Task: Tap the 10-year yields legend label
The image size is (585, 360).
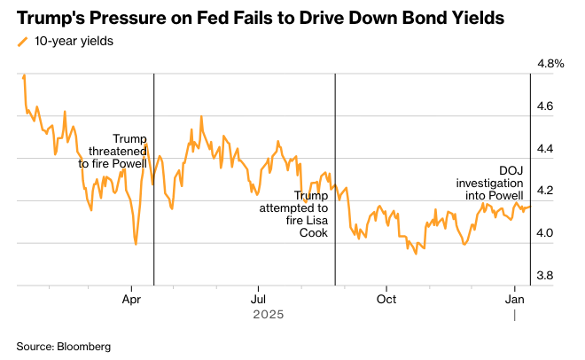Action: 74,40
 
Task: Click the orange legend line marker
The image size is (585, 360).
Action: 22,41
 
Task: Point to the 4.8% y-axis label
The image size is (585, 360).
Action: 551,64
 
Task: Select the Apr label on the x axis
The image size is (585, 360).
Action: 131,300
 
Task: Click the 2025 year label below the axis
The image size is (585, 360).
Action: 267,315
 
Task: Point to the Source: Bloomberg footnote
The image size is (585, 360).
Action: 64,345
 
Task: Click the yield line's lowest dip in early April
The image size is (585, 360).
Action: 136,245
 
